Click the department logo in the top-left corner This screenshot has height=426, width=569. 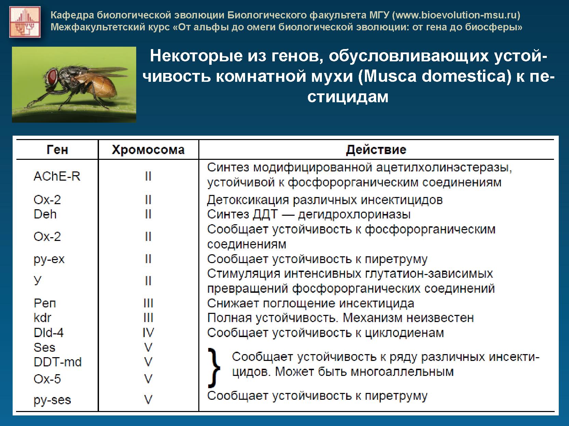click(25, 22)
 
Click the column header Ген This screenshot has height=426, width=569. click(57, 150)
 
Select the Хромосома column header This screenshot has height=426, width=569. click(148, 150)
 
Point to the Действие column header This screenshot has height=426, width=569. click(376, 150)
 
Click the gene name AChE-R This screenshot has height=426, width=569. click(57, 176)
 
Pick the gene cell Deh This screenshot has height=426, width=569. click(45, 214)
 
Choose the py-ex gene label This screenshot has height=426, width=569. click(49, 259)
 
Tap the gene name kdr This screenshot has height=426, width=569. click(43, 318)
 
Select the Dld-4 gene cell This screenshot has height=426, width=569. click(49, 333)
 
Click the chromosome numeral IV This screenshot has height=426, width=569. click(148, 333)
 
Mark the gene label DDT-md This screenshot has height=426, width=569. click(58, 362)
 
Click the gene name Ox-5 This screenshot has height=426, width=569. click(47, 379)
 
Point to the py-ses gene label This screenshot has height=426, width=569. click(52, 400)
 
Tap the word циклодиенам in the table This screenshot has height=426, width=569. click(404, 333)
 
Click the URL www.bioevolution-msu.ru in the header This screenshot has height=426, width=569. click(456, 15)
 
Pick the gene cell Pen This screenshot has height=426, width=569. click(45, 303)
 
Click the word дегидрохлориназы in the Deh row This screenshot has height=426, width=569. click(354, 215)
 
